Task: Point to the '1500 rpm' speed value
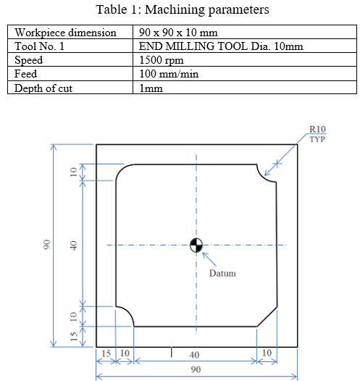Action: (x=160, y=60)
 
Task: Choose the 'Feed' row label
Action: (x=28, y=74)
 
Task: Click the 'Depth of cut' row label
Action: (x=44, y=88)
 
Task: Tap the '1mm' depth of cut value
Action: (x=151, y=88)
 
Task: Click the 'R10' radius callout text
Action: (x=317, y=130)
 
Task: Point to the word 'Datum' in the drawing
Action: (x=222, y=273)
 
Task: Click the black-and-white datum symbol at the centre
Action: (x=195, y=245)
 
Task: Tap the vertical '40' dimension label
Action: (x=72, y=246)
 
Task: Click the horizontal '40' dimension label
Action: (x=195, y=354)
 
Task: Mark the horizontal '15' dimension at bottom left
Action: (x=105, y=354)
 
